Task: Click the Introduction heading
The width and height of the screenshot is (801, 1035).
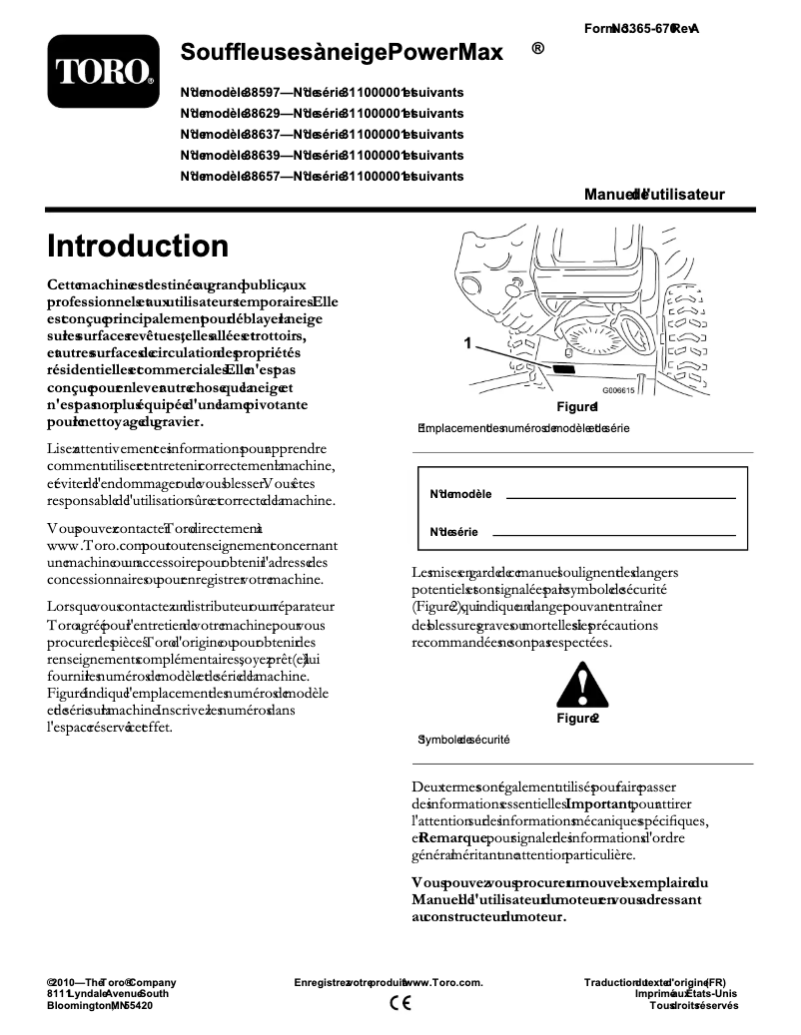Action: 138,246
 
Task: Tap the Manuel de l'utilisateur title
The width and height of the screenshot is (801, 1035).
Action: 654,195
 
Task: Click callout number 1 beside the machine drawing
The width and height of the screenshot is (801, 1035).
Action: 466,343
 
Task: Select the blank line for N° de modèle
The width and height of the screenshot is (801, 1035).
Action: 620,496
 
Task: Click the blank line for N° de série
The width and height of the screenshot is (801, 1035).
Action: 613,535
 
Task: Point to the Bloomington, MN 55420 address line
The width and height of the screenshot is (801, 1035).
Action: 100,1006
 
